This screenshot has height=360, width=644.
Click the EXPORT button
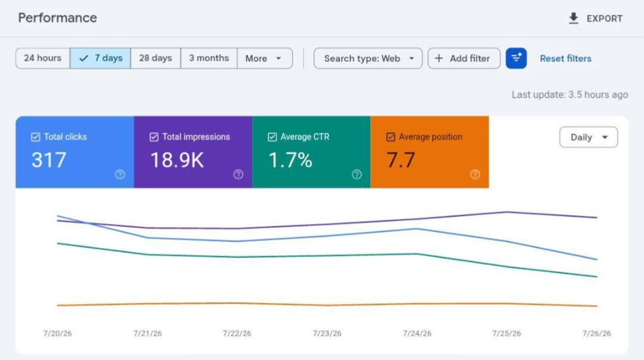pyautogui.click(x=595, y=18)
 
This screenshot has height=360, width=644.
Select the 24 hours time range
pyautogui.click(x=42, y=58)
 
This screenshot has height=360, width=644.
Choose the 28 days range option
pyautogui.click(x=155, y=58)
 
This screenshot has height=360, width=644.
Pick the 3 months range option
pyautogui.click(x=208, y=58)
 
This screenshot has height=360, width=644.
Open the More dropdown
pyautogui.click(x=264, y=58)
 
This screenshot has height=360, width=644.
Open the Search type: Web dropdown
pyautogui.click(x=368, y=58)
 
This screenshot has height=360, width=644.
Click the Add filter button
pyautogui.click(x=464, y=58)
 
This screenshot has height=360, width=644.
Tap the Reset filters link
pyautogui.click(x=566, y=59)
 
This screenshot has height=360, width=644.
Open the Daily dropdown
pyautogui.click(x=589, y=137)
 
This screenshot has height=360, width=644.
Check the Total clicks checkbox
pyautogui.click(x=36, y=137)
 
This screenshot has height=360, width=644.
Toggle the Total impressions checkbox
pyautogui.click(x=154, y=137)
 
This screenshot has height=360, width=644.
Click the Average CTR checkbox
pyautogui.click(x=272, y=137)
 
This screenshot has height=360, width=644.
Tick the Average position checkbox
pyautogui.click(x=390, y=137)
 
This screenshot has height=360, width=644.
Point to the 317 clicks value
pyautogui.click(x=49, y=160)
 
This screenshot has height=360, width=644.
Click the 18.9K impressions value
pyautogui.click(x=177, y=160)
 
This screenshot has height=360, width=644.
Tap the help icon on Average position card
pyautogui.click(x=475, y=175)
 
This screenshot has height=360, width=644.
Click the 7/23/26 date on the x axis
pyautogui.click(x=327, y=333)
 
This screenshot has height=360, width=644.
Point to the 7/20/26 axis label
pyautogui.click(x=57, y=333)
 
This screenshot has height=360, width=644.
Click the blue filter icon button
pyautogui.click(x=517, y=58)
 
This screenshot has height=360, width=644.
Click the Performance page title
pyautogui.click(x=57, y=18)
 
